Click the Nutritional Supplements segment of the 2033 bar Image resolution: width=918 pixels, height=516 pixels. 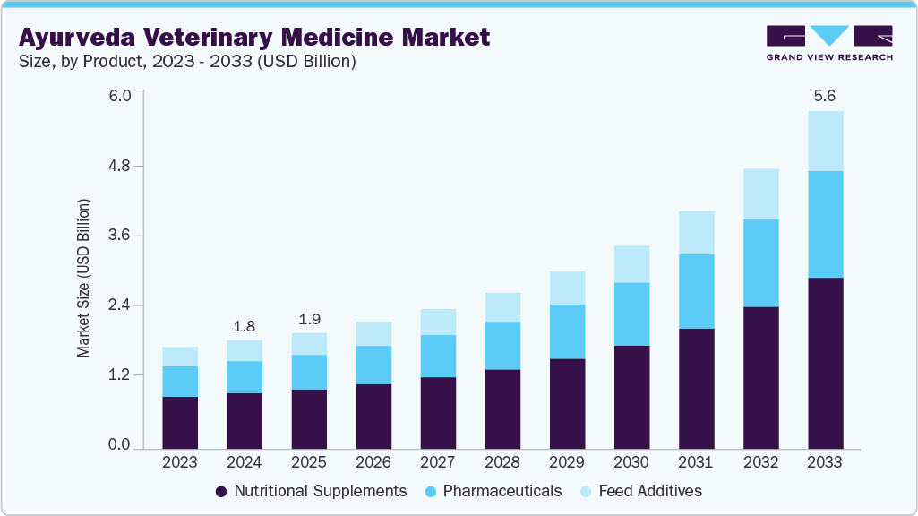[825, 363]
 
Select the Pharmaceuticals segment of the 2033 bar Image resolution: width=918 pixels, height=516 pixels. [825, 224]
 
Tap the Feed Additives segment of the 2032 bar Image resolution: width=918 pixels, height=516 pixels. [760, 193]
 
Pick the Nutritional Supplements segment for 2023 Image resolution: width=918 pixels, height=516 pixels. [180, 422]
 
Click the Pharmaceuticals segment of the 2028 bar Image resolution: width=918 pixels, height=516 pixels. [502, 345]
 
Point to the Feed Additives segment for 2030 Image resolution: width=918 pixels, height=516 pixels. [631, 263]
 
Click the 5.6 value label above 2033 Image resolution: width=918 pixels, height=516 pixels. [825, 96]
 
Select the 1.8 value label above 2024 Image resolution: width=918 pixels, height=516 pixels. [245, 325]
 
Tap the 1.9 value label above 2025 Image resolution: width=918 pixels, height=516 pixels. [309, 318]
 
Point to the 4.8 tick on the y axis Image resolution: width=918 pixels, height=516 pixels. [120, 167]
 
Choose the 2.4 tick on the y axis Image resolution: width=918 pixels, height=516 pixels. [120, 305]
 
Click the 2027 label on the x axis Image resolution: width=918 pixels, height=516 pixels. [438, 463]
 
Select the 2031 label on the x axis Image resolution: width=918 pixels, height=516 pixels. [696, 463]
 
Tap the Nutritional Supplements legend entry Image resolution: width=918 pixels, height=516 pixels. [311, 491]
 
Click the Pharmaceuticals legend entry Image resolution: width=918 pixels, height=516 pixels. [492, 491]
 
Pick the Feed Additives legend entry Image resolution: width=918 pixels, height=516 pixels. [639, 491]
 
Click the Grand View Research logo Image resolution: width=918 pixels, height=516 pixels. [828, 43]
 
